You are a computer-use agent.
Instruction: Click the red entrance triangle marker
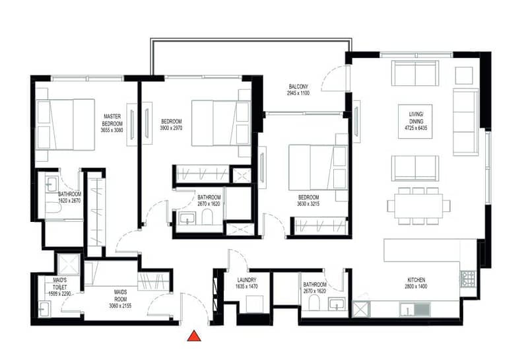point(194,336)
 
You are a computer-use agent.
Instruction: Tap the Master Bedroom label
point(112,120)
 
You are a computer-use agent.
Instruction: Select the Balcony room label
point(298,87)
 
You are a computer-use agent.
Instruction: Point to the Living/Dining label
point(416,118)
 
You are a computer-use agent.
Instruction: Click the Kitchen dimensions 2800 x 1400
point(416,287)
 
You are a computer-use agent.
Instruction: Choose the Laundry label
point(247,280)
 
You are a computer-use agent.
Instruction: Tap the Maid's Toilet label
point(60,283)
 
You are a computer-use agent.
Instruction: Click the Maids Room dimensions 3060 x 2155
point(120,306)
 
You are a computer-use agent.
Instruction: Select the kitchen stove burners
point(468,279)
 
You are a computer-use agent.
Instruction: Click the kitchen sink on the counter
point(415,309)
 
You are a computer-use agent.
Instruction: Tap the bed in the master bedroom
point(65,125)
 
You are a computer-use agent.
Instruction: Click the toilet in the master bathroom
point(54,206)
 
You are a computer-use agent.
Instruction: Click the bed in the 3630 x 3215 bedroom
point(318,168)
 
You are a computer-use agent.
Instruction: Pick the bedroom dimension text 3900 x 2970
point(172,128)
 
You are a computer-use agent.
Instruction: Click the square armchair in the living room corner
point(464,75)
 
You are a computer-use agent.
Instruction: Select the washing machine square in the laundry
point(255,304)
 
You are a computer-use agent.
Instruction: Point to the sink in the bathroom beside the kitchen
point(336,305)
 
